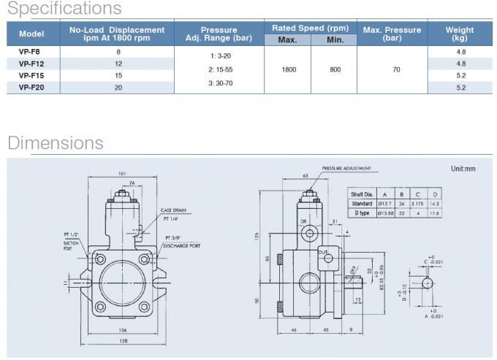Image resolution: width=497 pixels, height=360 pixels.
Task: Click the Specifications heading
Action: tap(64, 9)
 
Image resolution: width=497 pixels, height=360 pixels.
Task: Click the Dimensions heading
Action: tap(56, 142)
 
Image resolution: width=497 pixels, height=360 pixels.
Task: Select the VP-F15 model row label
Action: tap(31, 75)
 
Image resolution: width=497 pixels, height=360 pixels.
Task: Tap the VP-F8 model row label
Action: tap(31, 52)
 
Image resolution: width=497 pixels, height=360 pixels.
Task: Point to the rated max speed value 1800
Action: tap(287, 69)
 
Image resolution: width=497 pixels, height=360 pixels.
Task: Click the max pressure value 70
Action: tap(396, 69)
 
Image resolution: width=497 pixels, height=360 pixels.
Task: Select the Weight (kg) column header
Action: tap(459, 34)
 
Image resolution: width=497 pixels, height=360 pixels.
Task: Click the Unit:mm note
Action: tap(463, 169)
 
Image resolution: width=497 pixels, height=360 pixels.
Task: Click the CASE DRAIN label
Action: tap(174, 210)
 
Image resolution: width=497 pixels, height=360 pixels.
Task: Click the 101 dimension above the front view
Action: tap(123, 174)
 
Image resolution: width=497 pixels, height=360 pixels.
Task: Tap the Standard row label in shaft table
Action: tap(362, 204)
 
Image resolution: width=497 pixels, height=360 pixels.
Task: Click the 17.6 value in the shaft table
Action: tap(435, 212)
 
